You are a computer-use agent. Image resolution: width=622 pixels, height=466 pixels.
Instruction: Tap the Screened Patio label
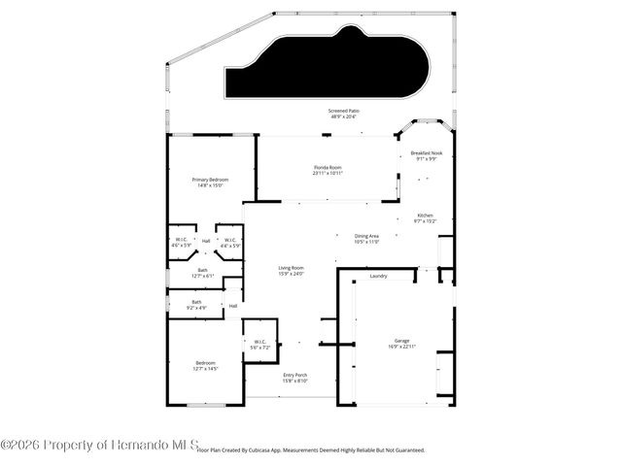point(340,113)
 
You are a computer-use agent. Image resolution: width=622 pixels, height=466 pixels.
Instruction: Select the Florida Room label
point(327,168)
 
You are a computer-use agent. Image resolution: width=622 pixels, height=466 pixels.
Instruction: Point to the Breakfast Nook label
point(426,153)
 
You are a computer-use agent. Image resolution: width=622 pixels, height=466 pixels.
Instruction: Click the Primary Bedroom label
point(210,181)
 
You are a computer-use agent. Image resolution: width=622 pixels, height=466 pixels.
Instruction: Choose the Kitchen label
point(426,216)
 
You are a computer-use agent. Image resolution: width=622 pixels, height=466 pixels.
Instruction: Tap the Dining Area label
point(366,236)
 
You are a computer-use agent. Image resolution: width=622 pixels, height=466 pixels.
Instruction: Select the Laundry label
point(379,276)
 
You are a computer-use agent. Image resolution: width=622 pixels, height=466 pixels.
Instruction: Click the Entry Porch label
point(295,376)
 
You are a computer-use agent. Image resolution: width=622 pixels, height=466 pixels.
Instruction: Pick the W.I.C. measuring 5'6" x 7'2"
point(260,342)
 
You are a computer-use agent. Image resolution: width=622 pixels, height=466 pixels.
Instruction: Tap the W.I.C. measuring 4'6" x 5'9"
point(182,241)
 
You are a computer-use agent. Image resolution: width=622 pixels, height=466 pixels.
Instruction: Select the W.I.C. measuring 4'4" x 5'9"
point(230,241)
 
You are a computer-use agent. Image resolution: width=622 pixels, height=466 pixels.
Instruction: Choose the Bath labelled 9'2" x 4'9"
point(196,303)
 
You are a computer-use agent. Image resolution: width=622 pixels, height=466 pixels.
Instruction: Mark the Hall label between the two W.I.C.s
point(206,240)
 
